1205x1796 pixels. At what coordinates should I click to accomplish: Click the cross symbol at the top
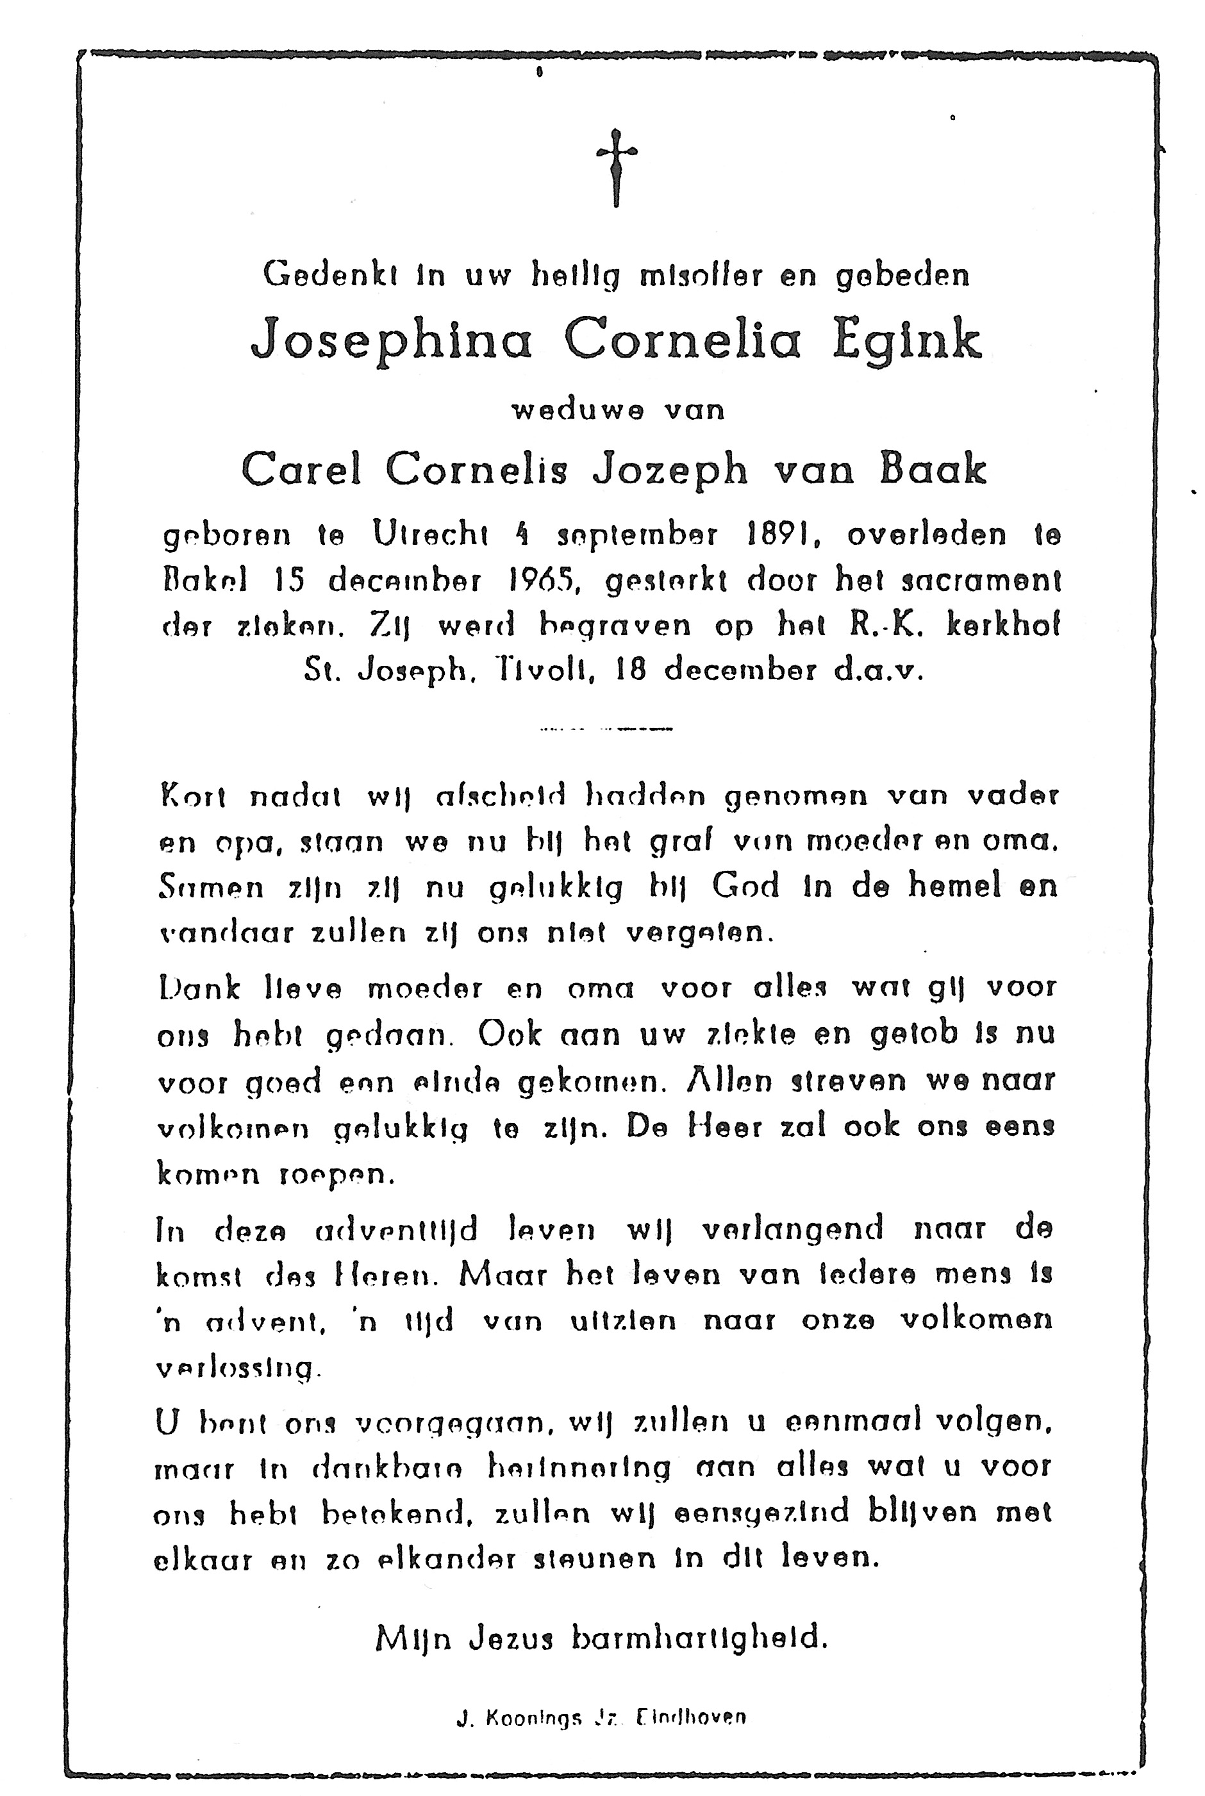[x=617, y=166]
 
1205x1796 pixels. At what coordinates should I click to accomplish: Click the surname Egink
[x=907, y=340]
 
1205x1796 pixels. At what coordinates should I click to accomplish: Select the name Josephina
[x=392, y=340]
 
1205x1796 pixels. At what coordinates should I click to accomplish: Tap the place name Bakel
[x=204, y=581]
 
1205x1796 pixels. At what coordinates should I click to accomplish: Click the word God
[x=745, y=887]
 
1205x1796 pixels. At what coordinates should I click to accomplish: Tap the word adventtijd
[x=397, y=1229]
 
